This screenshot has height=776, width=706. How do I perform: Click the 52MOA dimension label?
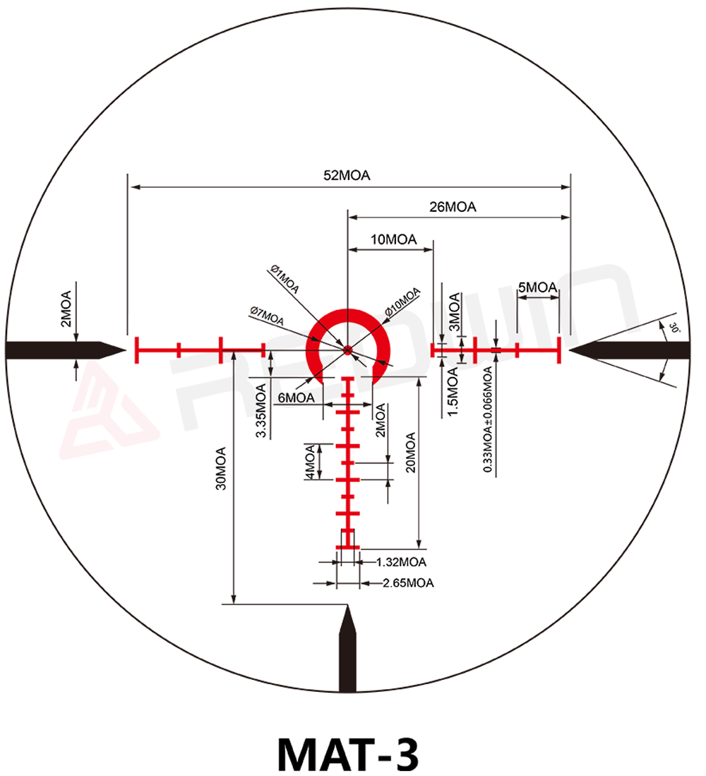[x=347, y=176]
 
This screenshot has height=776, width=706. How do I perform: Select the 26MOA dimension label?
[x=453, y=207]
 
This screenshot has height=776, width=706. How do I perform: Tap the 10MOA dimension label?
[x=394, y=239]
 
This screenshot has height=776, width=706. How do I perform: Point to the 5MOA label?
[x=538, y=287]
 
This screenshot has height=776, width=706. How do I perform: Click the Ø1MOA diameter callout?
[x=285, y=280]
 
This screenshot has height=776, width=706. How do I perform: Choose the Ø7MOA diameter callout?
[x=267, y=316]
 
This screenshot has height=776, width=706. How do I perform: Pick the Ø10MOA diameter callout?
[x=402, y=302]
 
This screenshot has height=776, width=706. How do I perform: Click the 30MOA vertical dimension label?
[x=221, y=469]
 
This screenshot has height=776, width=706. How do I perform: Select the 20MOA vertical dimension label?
[x=411, y=453]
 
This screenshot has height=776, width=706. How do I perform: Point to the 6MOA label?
[x=296, y=398]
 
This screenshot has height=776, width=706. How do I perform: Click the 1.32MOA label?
[x=401, y=562]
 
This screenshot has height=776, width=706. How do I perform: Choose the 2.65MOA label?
[x=408, y=583]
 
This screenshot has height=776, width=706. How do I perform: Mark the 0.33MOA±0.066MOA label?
[x=488, y=419]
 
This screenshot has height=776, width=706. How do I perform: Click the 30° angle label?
[x=674, y=328]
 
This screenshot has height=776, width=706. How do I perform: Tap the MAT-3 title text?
[x=348, y=753]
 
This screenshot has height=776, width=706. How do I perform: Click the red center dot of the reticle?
[x=347, y=350]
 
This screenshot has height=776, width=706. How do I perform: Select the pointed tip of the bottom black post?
[x=347, y=606]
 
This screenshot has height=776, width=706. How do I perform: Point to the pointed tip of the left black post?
[x=126, y=350]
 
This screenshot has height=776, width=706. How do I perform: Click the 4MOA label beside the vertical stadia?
[x=310, y=462]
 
